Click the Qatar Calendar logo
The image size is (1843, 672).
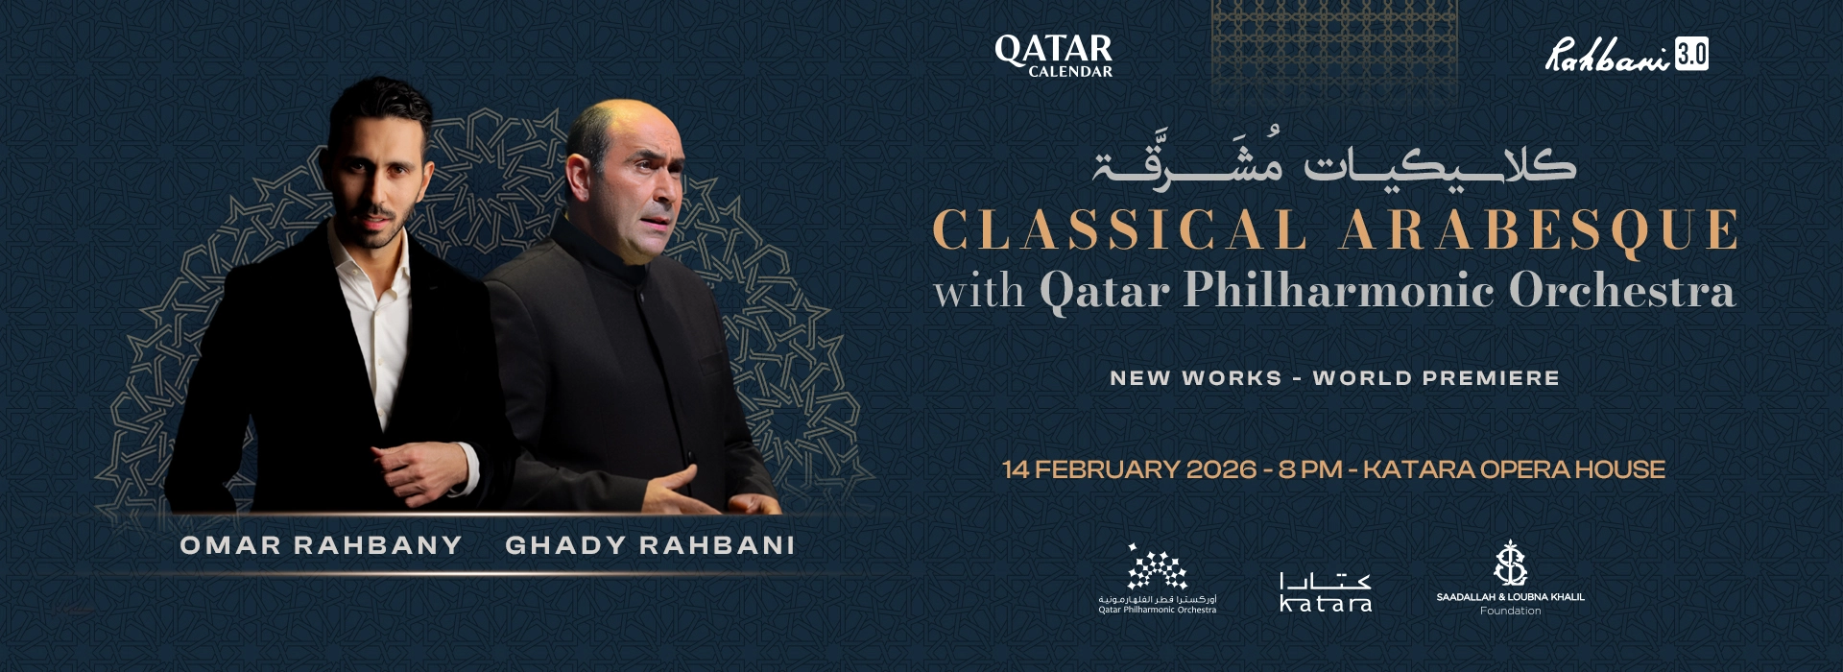click(1053, 55)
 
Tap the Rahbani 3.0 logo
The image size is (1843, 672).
click(1626, 55)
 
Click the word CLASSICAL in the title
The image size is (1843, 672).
click(1119, 230)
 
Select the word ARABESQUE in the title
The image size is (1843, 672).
click(1538, 230)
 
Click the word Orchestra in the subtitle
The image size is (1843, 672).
click(1621, 290)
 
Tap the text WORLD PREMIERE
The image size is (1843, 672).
click(1436, 378)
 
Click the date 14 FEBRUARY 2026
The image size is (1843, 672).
click(1129, 469)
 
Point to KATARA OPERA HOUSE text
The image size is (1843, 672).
click(1514, 469)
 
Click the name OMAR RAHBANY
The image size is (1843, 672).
click(321, 545)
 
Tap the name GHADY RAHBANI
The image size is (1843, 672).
click(650, 545)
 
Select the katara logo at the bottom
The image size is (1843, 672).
click(1326, 592)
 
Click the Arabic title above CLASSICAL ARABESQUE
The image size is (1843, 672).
click(1334, 163)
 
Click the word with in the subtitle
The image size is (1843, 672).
click(979, 291)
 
